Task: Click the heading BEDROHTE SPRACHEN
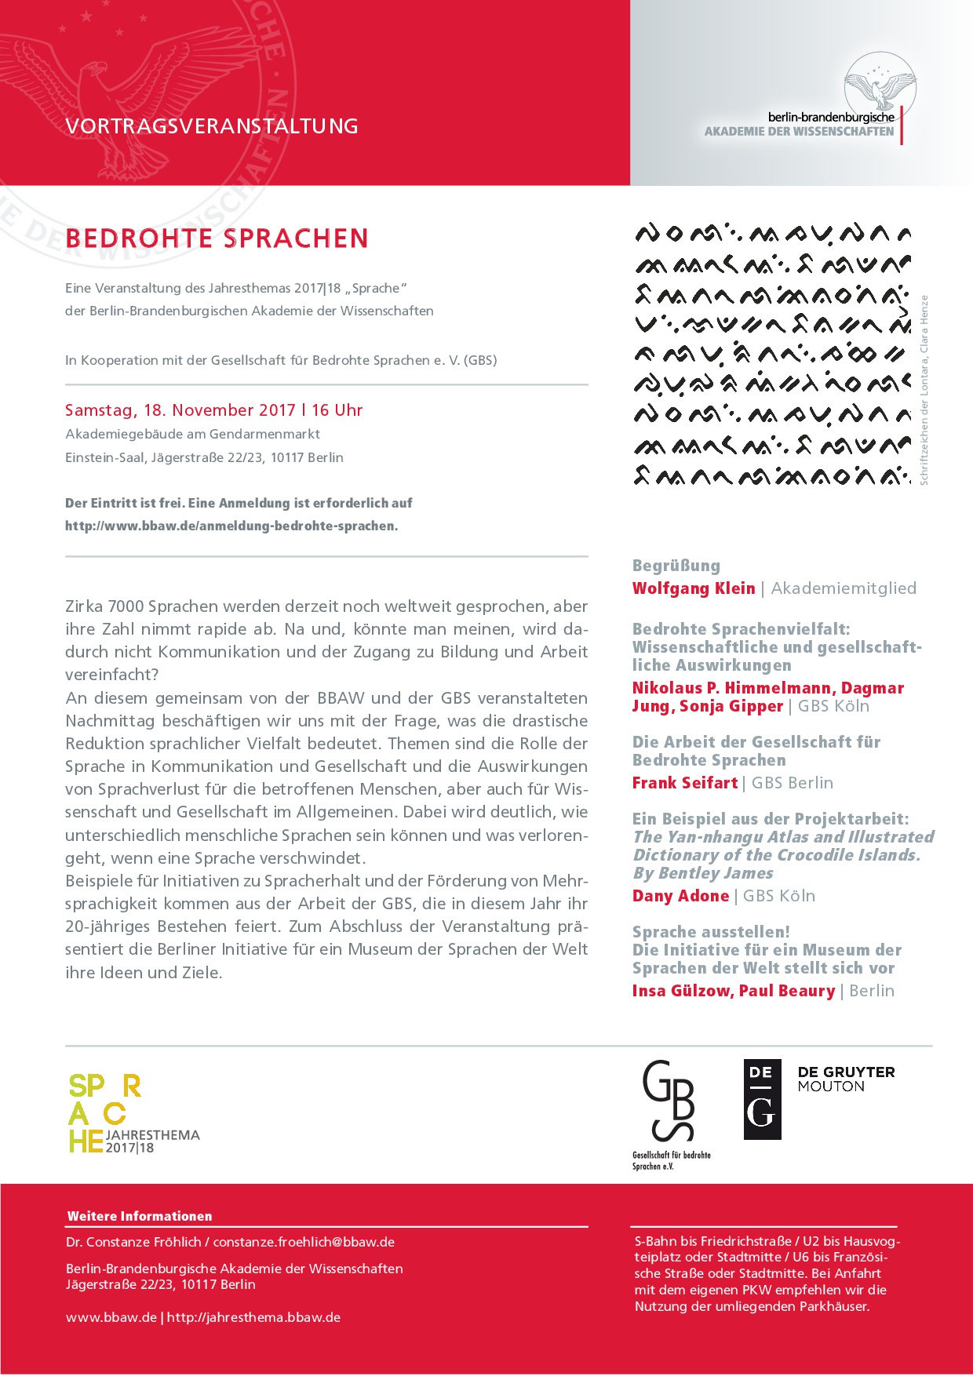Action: (x=217, y=238)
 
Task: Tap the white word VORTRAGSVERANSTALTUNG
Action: (x=212, y=126)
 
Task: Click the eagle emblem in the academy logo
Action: (x=880, y=82)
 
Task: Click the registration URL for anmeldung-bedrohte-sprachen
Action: (x=231, y=526)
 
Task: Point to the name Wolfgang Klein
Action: (x=694, y=588)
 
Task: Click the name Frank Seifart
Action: (x=685, y=783)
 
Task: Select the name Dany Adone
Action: (x=681, y=896)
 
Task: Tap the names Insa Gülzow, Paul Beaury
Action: (x=734, y=991)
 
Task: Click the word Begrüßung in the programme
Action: (x=676, y=566)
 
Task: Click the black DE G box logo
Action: (x=762, y=1099)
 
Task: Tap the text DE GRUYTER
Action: (x=846, y=1072)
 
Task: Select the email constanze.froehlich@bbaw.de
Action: (x=304, y=1242)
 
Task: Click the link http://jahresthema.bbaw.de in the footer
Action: (x=253, y=1317)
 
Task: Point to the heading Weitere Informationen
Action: (x=140, y=1216)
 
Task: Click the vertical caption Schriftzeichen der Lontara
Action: (x=924, y=390)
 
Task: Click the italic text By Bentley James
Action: (x=703, y=873)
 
